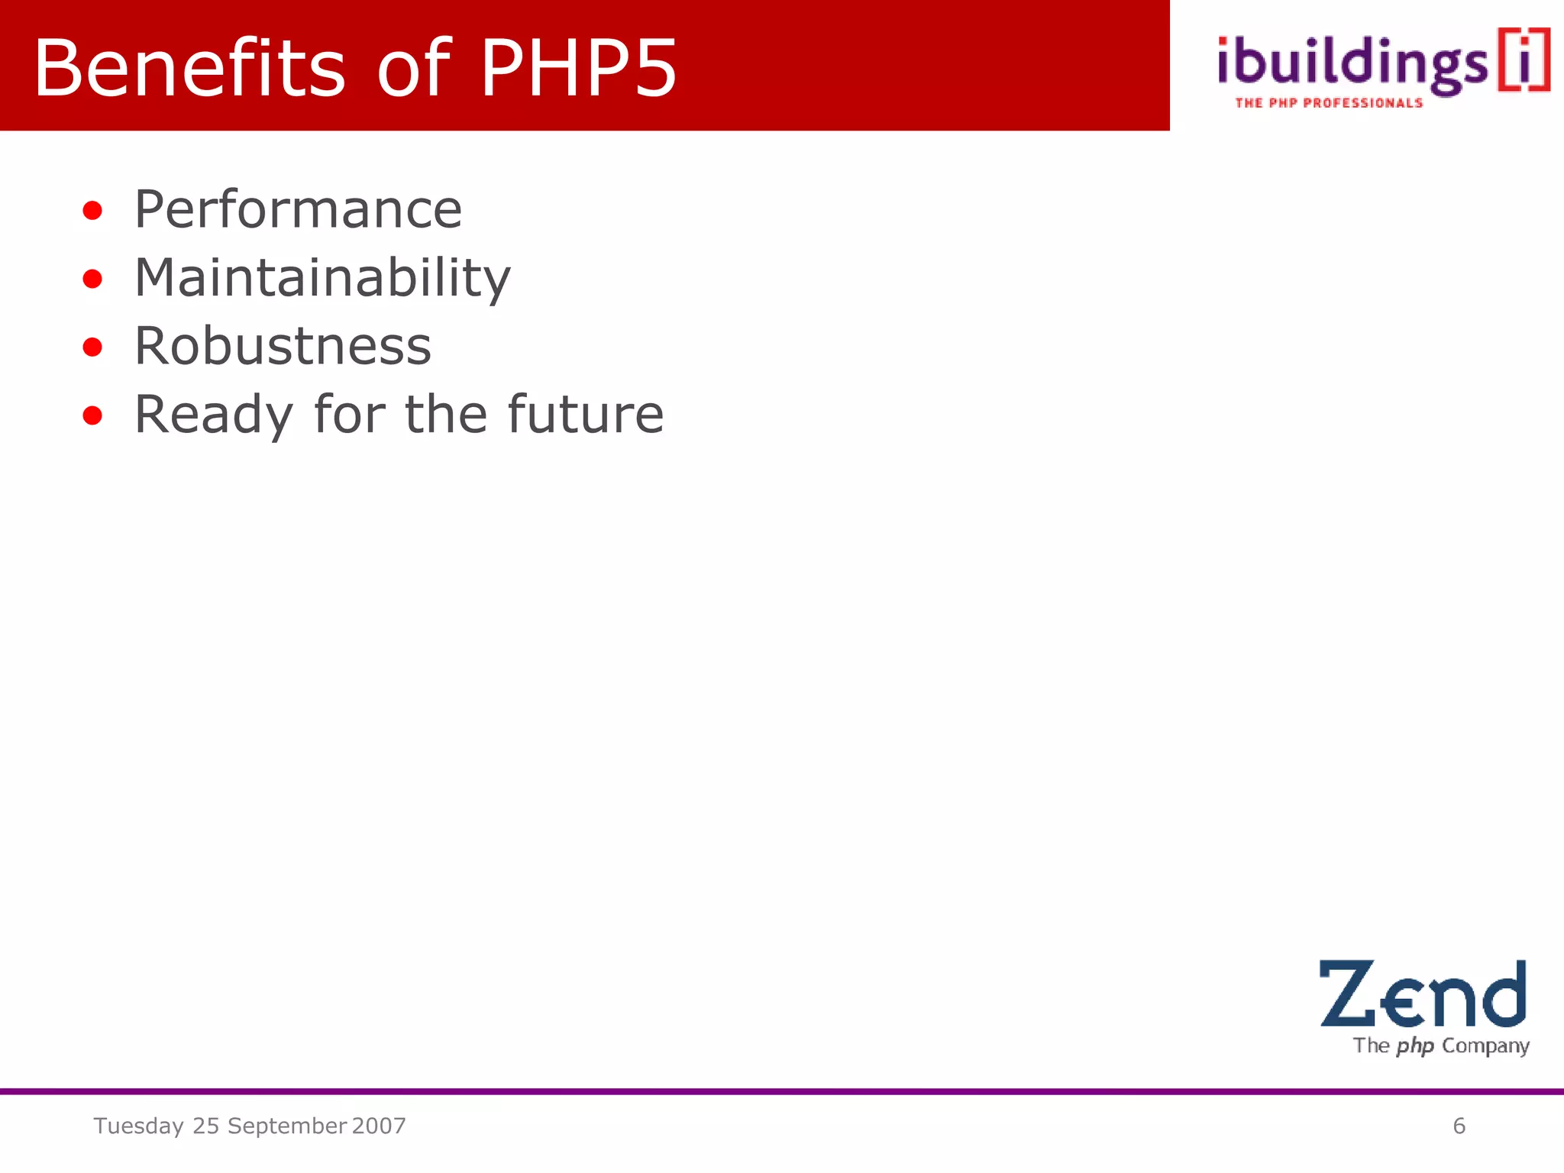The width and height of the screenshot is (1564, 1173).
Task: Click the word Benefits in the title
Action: [x=189, y=68]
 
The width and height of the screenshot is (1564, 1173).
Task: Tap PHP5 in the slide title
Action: [x=578, y=68]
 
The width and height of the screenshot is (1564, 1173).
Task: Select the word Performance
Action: [x=298, y=209]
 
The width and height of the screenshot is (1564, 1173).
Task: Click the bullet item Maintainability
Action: [x=322, y=278]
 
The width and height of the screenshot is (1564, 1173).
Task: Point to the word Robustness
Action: [x=283, y=346]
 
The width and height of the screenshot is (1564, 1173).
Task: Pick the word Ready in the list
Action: [x=213, y=415]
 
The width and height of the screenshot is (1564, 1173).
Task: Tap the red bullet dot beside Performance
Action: [x=92, y=211]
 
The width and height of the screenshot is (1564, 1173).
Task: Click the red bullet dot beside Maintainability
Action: [x=92, y=280]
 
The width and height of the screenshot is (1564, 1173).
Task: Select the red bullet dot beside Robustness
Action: [x=92, y=347]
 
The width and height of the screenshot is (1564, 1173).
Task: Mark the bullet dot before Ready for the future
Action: [x=92, y=416]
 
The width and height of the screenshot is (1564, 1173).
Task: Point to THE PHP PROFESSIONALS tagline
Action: [x=1329, y=103]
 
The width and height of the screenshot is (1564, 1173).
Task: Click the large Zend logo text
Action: [x=1423, y=994]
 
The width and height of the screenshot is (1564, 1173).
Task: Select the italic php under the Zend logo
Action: [x=1415, y=1045]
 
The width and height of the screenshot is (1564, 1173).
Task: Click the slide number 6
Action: [x=1459, y=1126]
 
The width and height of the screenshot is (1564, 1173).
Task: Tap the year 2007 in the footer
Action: [x=379, y=1126]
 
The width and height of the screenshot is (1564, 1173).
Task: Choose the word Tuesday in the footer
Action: [x=138, y=1126]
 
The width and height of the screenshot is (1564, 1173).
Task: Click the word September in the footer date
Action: [x=287, y=1126]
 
